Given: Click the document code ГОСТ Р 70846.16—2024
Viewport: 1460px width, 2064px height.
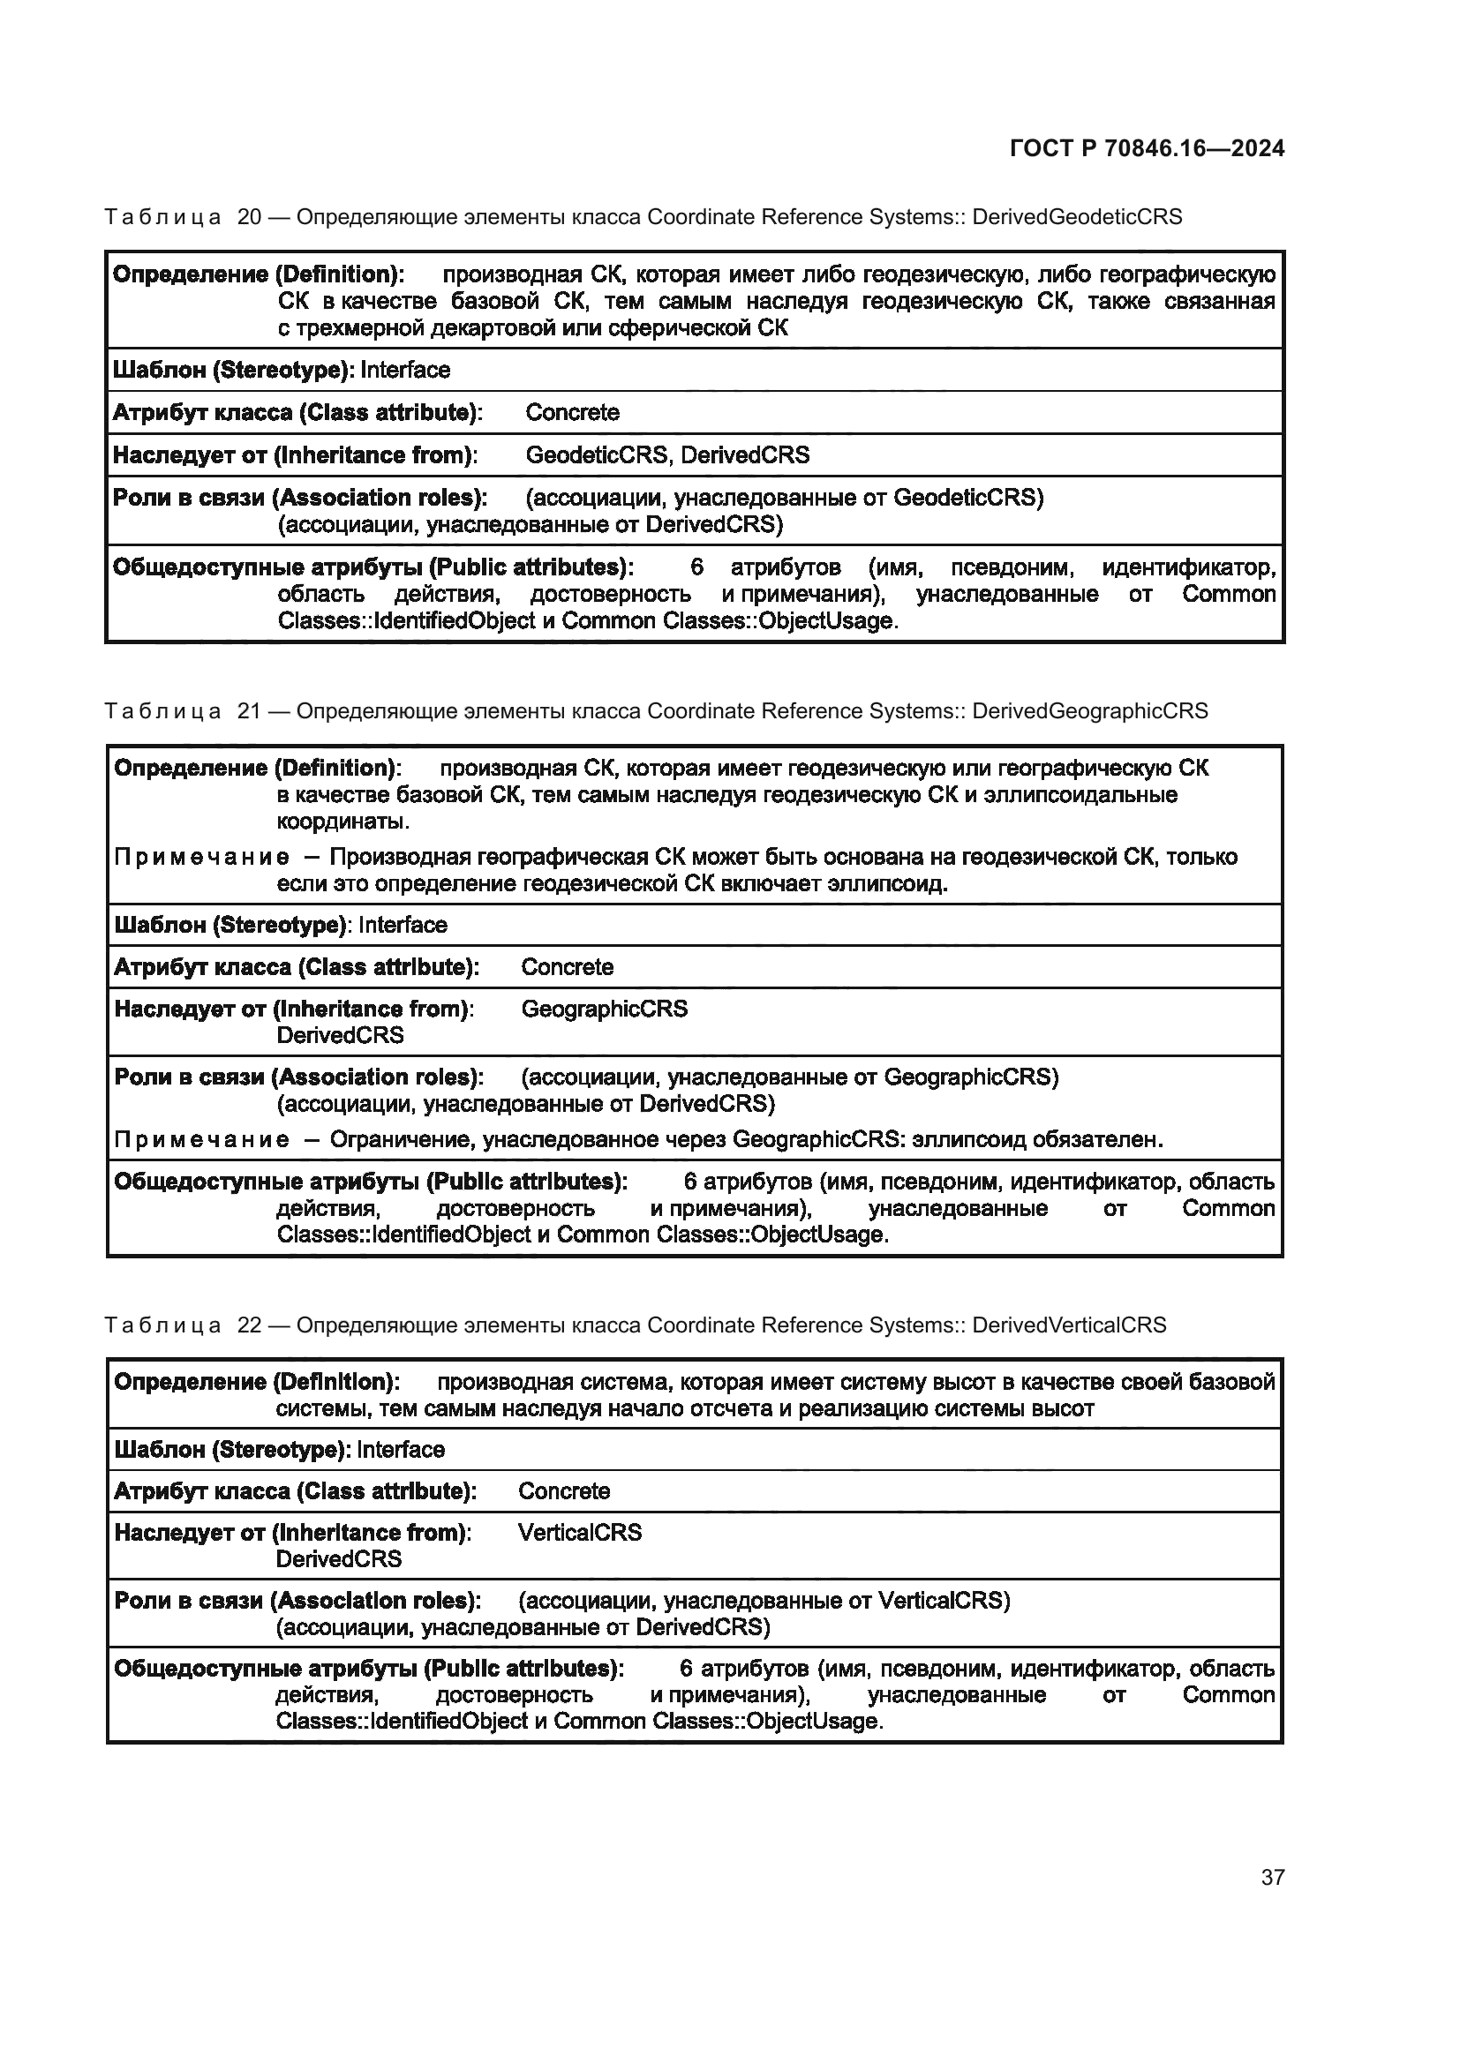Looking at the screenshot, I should (x=1147, y=148).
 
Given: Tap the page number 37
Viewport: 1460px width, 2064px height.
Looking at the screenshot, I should (x=1272, y=1877).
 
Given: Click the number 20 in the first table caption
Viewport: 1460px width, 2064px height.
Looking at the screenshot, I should (x=249, y=217).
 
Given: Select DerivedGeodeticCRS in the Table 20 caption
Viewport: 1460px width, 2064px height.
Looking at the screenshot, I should (x=1077, y=217).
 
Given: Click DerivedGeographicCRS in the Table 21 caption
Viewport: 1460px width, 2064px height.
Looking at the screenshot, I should (x=1089, y=711).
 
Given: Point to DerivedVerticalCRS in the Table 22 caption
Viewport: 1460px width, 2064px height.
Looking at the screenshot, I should (x=1069, y=1325).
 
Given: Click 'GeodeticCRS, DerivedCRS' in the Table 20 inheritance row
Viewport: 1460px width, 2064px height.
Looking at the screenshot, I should (x=667, y=454).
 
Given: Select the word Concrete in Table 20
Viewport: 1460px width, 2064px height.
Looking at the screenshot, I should (x=573, y=413).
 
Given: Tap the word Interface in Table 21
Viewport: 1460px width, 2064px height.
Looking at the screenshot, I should (x=403, y=925).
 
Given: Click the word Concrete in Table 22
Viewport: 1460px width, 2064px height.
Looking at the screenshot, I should (x=564, y=1491).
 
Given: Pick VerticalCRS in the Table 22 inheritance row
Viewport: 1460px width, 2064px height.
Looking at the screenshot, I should (x=580, y=1533).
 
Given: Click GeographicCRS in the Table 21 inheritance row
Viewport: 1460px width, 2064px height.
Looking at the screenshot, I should (x=604, y=1009).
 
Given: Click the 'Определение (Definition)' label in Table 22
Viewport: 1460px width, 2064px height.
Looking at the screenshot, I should (x=257, y=1382).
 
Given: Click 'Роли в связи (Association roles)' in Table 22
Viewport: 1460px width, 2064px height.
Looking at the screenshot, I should (x=297, y=1601).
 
